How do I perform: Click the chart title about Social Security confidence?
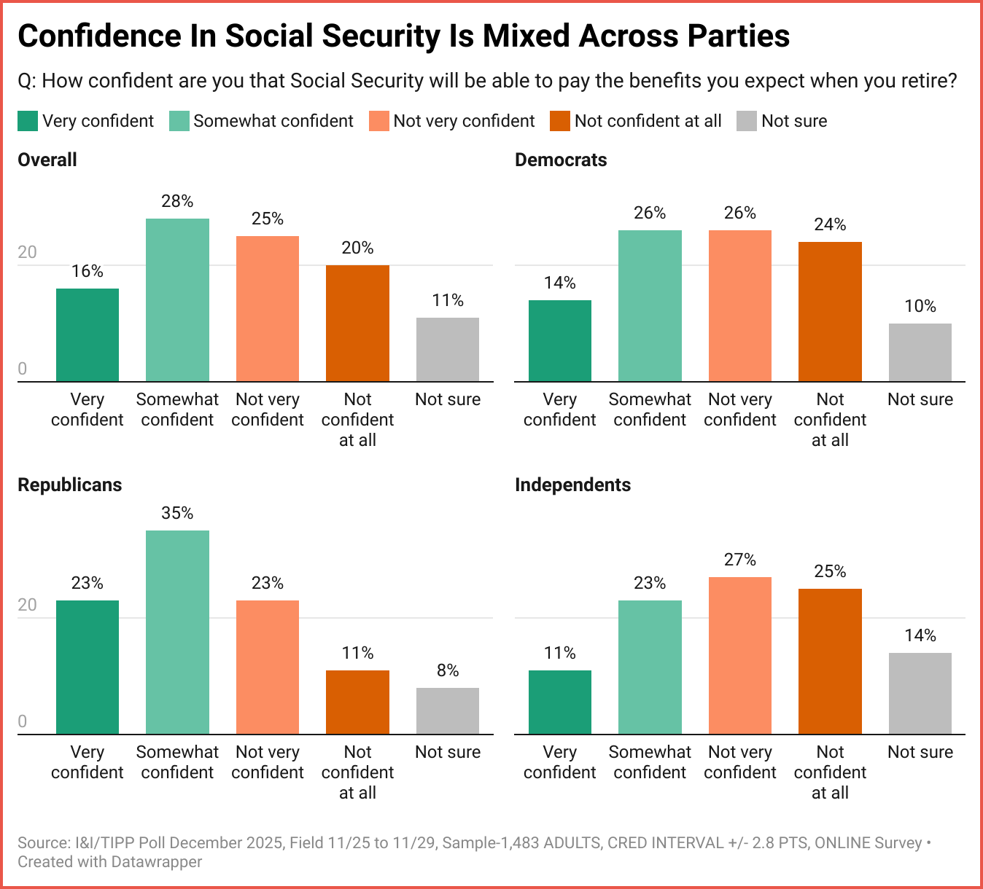(x=403, y=36)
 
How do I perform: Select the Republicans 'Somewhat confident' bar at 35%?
(x=177, y=632)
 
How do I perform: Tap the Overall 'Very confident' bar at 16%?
(x=88, y=334)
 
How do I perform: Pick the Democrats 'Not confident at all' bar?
(x=830, y=311)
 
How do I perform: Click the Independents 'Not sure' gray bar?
(x=920, y=693)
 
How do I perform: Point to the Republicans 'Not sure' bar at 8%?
(x=448, y=710)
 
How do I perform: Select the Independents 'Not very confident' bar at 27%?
(x=740, y=655)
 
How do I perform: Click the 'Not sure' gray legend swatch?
(x=747, y=121)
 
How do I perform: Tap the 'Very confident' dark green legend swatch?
(x=28, y=121)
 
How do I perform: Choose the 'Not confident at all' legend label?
(x=648, y=121)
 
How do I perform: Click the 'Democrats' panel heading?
(x=561, y=160)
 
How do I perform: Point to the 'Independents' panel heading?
(x=572, y=485)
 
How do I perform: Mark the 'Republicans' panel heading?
(x=70, y=485)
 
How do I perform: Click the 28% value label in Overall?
(x=177, y=201)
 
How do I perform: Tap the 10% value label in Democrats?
(x=920, y=306)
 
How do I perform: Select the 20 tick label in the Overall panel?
(x=27, y=252)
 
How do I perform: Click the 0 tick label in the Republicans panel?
(x=22, y=721)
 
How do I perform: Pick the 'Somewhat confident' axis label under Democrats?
(x=650, y=410)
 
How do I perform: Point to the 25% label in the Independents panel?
(x=830, y=571)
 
